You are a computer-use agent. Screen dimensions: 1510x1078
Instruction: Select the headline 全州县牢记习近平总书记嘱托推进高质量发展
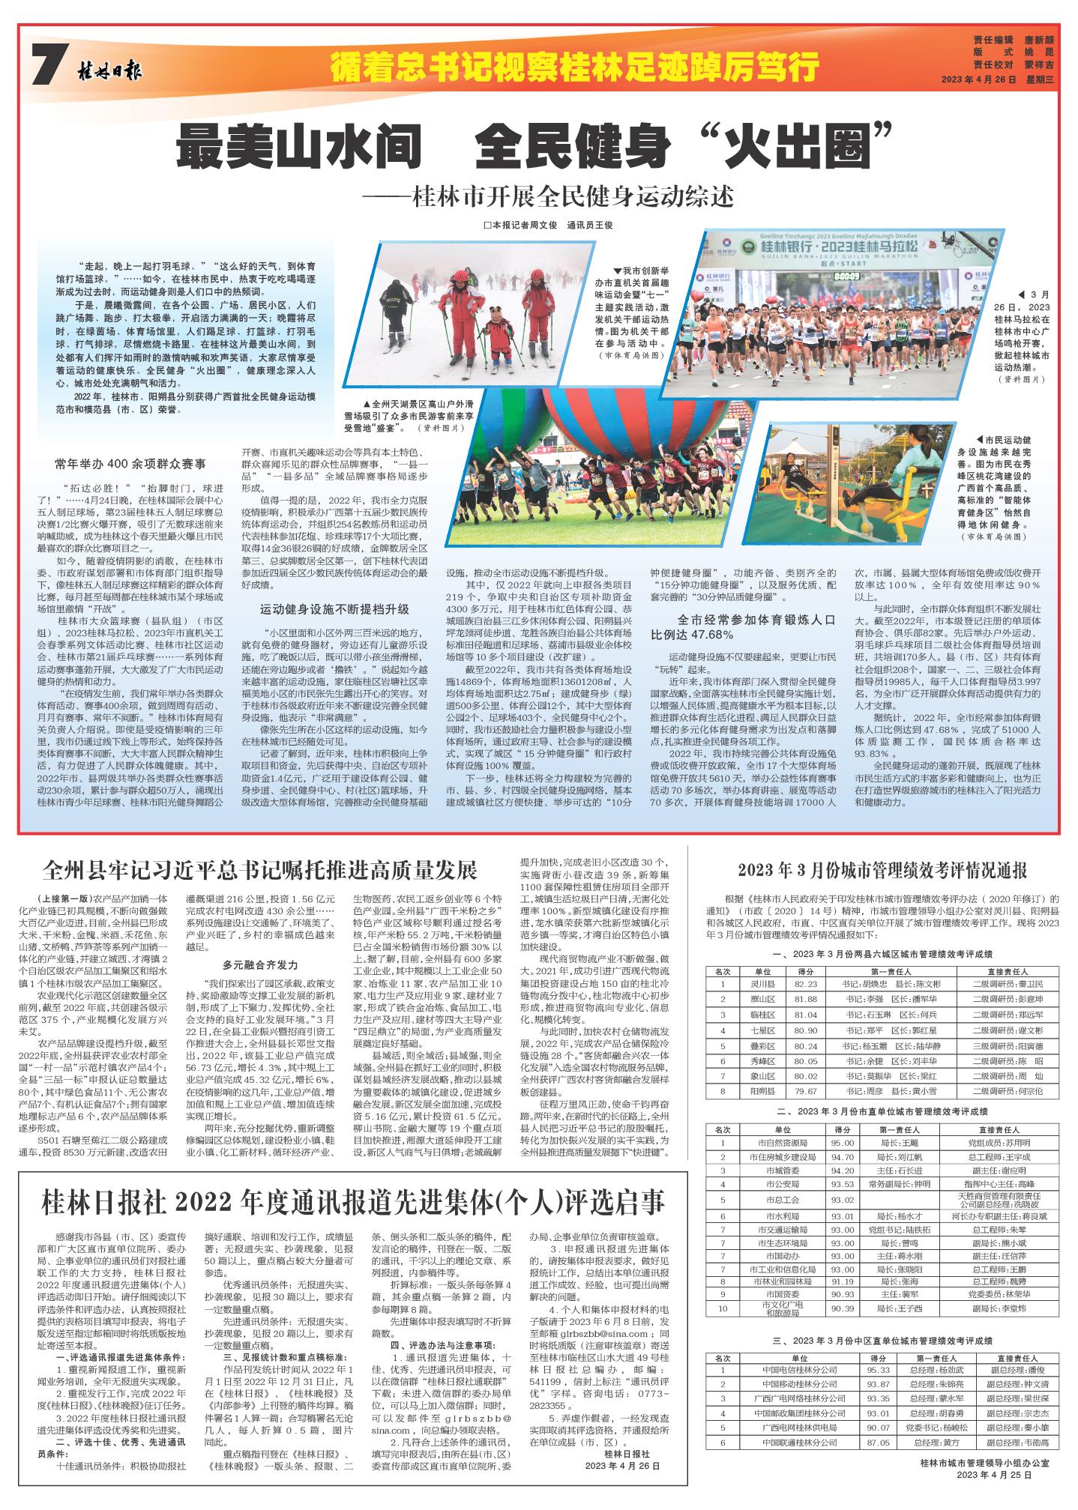pos(260,870)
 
